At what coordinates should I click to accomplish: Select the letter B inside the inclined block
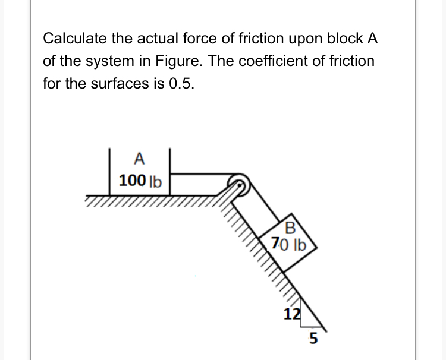(290, 228)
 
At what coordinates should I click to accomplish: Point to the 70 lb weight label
(288, 244)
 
